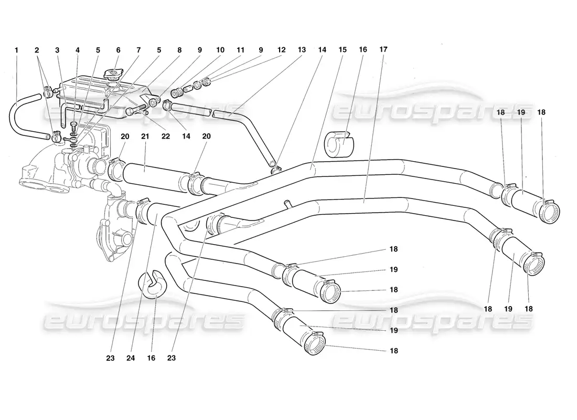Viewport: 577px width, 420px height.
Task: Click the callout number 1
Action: coord(16,50)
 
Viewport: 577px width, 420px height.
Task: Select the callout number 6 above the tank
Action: coord(118,50)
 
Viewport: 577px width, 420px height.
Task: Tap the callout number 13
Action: coord(302,50)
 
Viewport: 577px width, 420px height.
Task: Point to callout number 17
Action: coord(383,49)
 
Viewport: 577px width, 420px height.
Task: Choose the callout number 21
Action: coord(145,136)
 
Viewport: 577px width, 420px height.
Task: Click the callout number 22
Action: coord(166,136)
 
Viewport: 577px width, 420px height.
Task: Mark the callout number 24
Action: coord(131,358)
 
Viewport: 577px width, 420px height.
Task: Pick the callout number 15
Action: coord(343,50)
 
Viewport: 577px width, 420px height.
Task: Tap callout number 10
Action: coord(220,50)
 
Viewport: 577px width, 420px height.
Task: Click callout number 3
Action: coord(57,50)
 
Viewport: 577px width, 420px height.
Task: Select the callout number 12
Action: coord(282,50)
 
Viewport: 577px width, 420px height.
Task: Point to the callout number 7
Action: coord(138,50)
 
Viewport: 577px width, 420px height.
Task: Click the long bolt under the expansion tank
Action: coord(137,110)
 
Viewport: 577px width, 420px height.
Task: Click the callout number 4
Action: coord(78,50)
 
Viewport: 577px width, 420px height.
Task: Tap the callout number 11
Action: coord(240,50)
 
